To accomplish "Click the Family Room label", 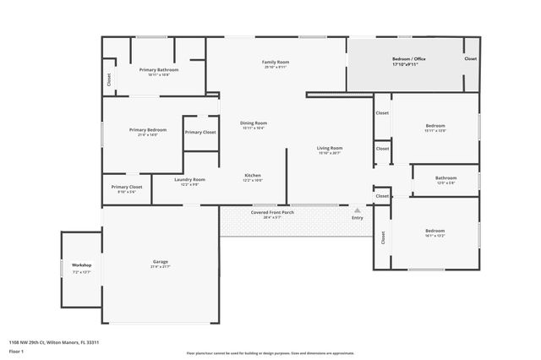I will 276,62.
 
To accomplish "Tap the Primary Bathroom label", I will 159,69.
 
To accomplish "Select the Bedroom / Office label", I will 408,58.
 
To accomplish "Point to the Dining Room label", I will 254,123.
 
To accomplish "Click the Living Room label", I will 329,148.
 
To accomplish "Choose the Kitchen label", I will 253,176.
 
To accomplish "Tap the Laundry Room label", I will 189,179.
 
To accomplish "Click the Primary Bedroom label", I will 147,130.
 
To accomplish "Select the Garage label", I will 160,262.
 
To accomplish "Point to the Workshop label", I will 81,265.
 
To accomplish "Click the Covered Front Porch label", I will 272,212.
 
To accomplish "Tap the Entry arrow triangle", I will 358,210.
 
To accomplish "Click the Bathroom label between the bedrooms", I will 445,178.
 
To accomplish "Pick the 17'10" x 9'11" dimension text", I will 409,64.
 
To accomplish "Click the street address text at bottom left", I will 60,342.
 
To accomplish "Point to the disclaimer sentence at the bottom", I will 270,353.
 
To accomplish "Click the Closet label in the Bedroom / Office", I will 470,59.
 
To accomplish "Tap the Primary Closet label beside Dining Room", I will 200,132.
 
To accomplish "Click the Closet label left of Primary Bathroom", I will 109,79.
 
